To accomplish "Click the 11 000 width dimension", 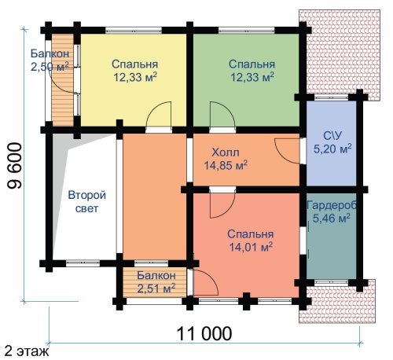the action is coord(204,333).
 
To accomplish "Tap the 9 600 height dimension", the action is coord(14,166).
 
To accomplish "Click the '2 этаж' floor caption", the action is coord(27,351).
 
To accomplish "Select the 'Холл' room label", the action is coord(226,152).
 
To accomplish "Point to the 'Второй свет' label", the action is coord(87,202).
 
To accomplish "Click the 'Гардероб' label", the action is coord(332,205).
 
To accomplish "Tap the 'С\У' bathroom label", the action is coord(332,136).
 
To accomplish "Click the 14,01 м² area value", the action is coord(252,247).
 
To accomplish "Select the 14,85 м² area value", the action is coord(226,165).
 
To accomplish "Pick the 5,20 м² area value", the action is coord(332,149).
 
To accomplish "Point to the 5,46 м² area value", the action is coord(332,218).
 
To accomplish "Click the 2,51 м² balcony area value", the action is coord(156,288).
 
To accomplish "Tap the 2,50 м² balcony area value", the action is coord(50,67).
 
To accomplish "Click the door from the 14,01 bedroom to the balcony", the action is coord(206,282).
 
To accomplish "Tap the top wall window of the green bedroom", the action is coord(247,30).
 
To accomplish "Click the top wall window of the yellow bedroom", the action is coord(134,30).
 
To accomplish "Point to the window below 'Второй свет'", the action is coord(83,263).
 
